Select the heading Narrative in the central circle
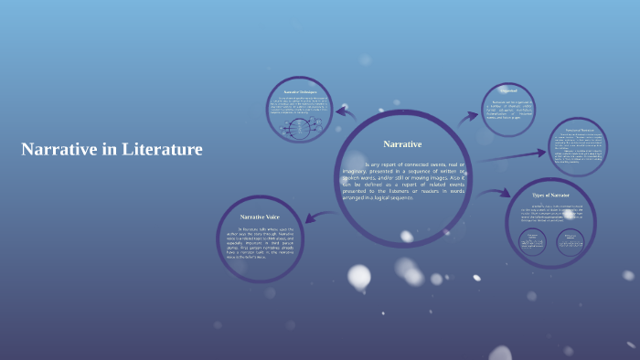point(402,144)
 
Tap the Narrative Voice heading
point(260,216)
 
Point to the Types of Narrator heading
point(551,195)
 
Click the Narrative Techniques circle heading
point(299,92)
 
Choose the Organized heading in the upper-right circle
point(509,90)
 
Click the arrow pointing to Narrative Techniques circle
point(345,112)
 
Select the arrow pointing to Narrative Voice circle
point(314,217)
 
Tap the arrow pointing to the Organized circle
point(468,117)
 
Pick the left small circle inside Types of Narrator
point(532,239)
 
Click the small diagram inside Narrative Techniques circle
point(300,128)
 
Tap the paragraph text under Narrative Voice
point(260,241)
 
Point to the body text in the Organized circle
point(509,110)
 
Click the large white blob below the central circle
point(359,276)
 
